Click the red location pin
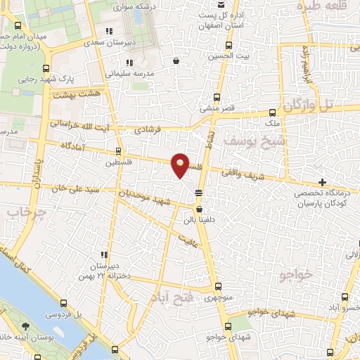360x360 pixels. [x=180, y=165]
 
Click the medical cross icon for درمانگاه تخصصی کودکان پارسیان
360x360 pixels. [x=323, y=182]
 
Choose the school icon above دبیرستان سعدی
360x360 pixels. [x=108, y=32]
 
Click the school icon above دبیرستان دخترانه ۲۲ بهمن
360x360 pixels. [x=104, y=255]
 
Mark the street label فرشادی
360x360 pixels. [x=148, y=129]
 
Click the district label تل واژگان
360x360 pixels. [x=313, y=105]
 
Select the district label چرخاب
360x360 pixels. [x=21, y=212]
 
